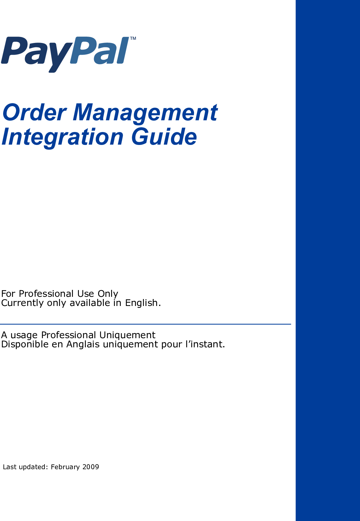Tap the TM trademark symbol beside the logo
133,39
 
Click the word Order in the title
34,112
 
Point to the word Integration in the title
62,137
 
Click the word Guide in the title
164,137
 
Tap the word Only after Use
108,294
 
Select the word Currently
22,303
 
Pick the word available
90,303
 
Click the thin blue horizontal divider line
145,324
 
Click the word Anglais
83,344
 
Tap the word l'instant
205,344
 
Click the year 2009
91,467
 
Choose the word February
65,467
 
